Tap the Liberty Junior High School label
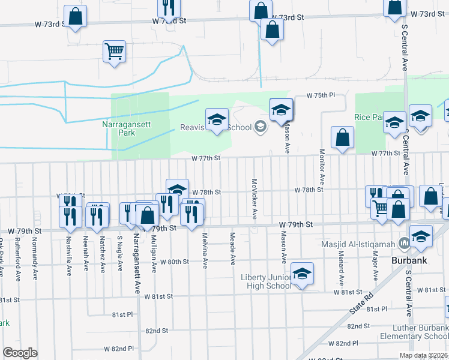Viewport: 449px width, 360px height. click(x=266, y=281)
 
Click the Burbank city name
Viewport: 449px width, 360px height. click(x=409, y=261)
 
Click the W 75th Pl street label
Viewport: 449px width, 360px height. click(x=320, y=95)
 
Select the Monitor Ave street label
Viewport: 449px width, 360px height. click(x=322, y=167)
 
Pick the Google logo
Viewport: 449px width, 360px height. click(x=20, y=352)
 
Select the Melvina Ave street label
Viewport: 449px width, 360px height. click(x=205, y=250)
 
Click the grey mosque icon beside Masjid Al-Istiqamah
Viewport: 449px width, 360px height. click(x=403, y=244)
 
